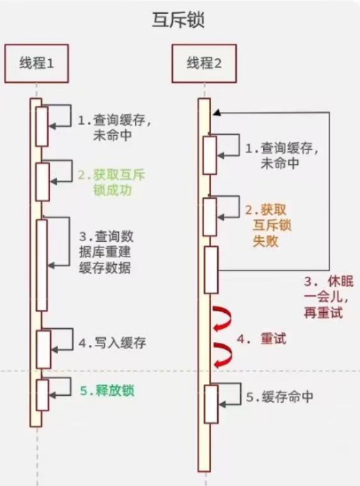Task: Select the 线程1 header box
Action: pyautogui.click(x=37, y=62)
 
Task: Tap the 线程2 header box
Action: pyautogui.click(x=204, y=62)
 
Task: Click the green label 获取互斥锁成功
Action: pyautogui.click(x=112, y=183)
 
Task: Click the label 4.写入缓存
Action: pyautogui.click(x=113, y=343)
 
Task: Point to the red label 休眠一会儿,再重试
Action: pyautogui.click(x=324, y=297)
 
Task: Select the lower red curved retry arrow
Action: pyautogui.click(x=222, y=355)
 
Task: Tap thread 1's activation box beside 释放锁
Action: pyautogui.click(x=42, y=395)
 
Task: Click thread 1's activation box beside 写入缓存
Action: pyautogui.click(x=43, y=349)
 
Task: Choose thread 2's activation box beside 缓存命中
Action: pyautogui.click(x=211, y=404)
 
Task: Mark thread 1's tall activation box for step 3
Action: pyautogui.click(x=42, y=265)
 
